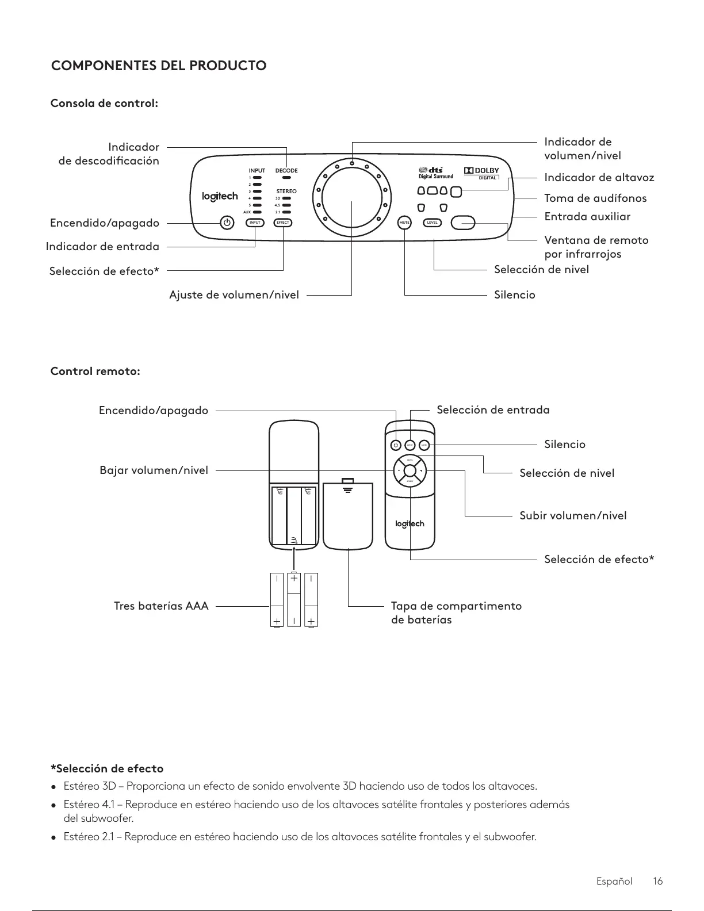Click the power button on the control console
[227, 223]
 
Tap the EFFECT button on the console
[283, 223]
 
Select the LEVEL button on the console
[433, 223]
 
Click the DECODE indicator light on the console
[286, 178]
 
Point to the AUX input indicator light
[257, 212]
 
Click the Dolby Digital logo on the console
[481, 172]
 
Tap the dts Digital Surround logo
[435, 173]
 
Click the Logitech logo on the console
[220, 197]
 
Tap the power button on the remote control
[396, 445]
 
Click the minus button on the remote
[398, 471]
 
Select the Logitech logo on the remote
[410, 523]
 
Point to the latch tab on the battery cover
[347, 481]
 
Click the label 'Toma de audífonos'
[595, 198]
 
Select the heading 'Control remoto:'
[95, 371]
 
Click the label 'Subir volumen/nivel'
[573, 515]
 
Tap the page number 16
[658, 881]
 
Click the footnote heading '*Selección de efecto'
[108, 768]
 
